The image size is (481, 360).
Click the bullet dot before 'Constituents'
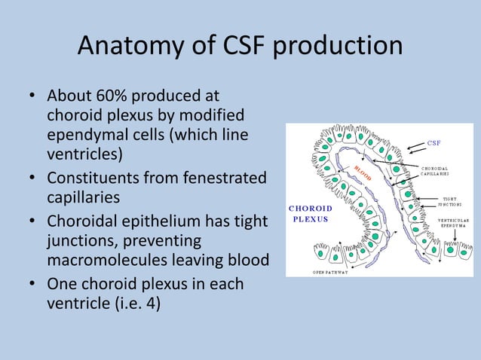(x=32, y=179)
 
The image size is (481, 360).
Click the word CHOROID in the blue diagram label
(x=310, y=208)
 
